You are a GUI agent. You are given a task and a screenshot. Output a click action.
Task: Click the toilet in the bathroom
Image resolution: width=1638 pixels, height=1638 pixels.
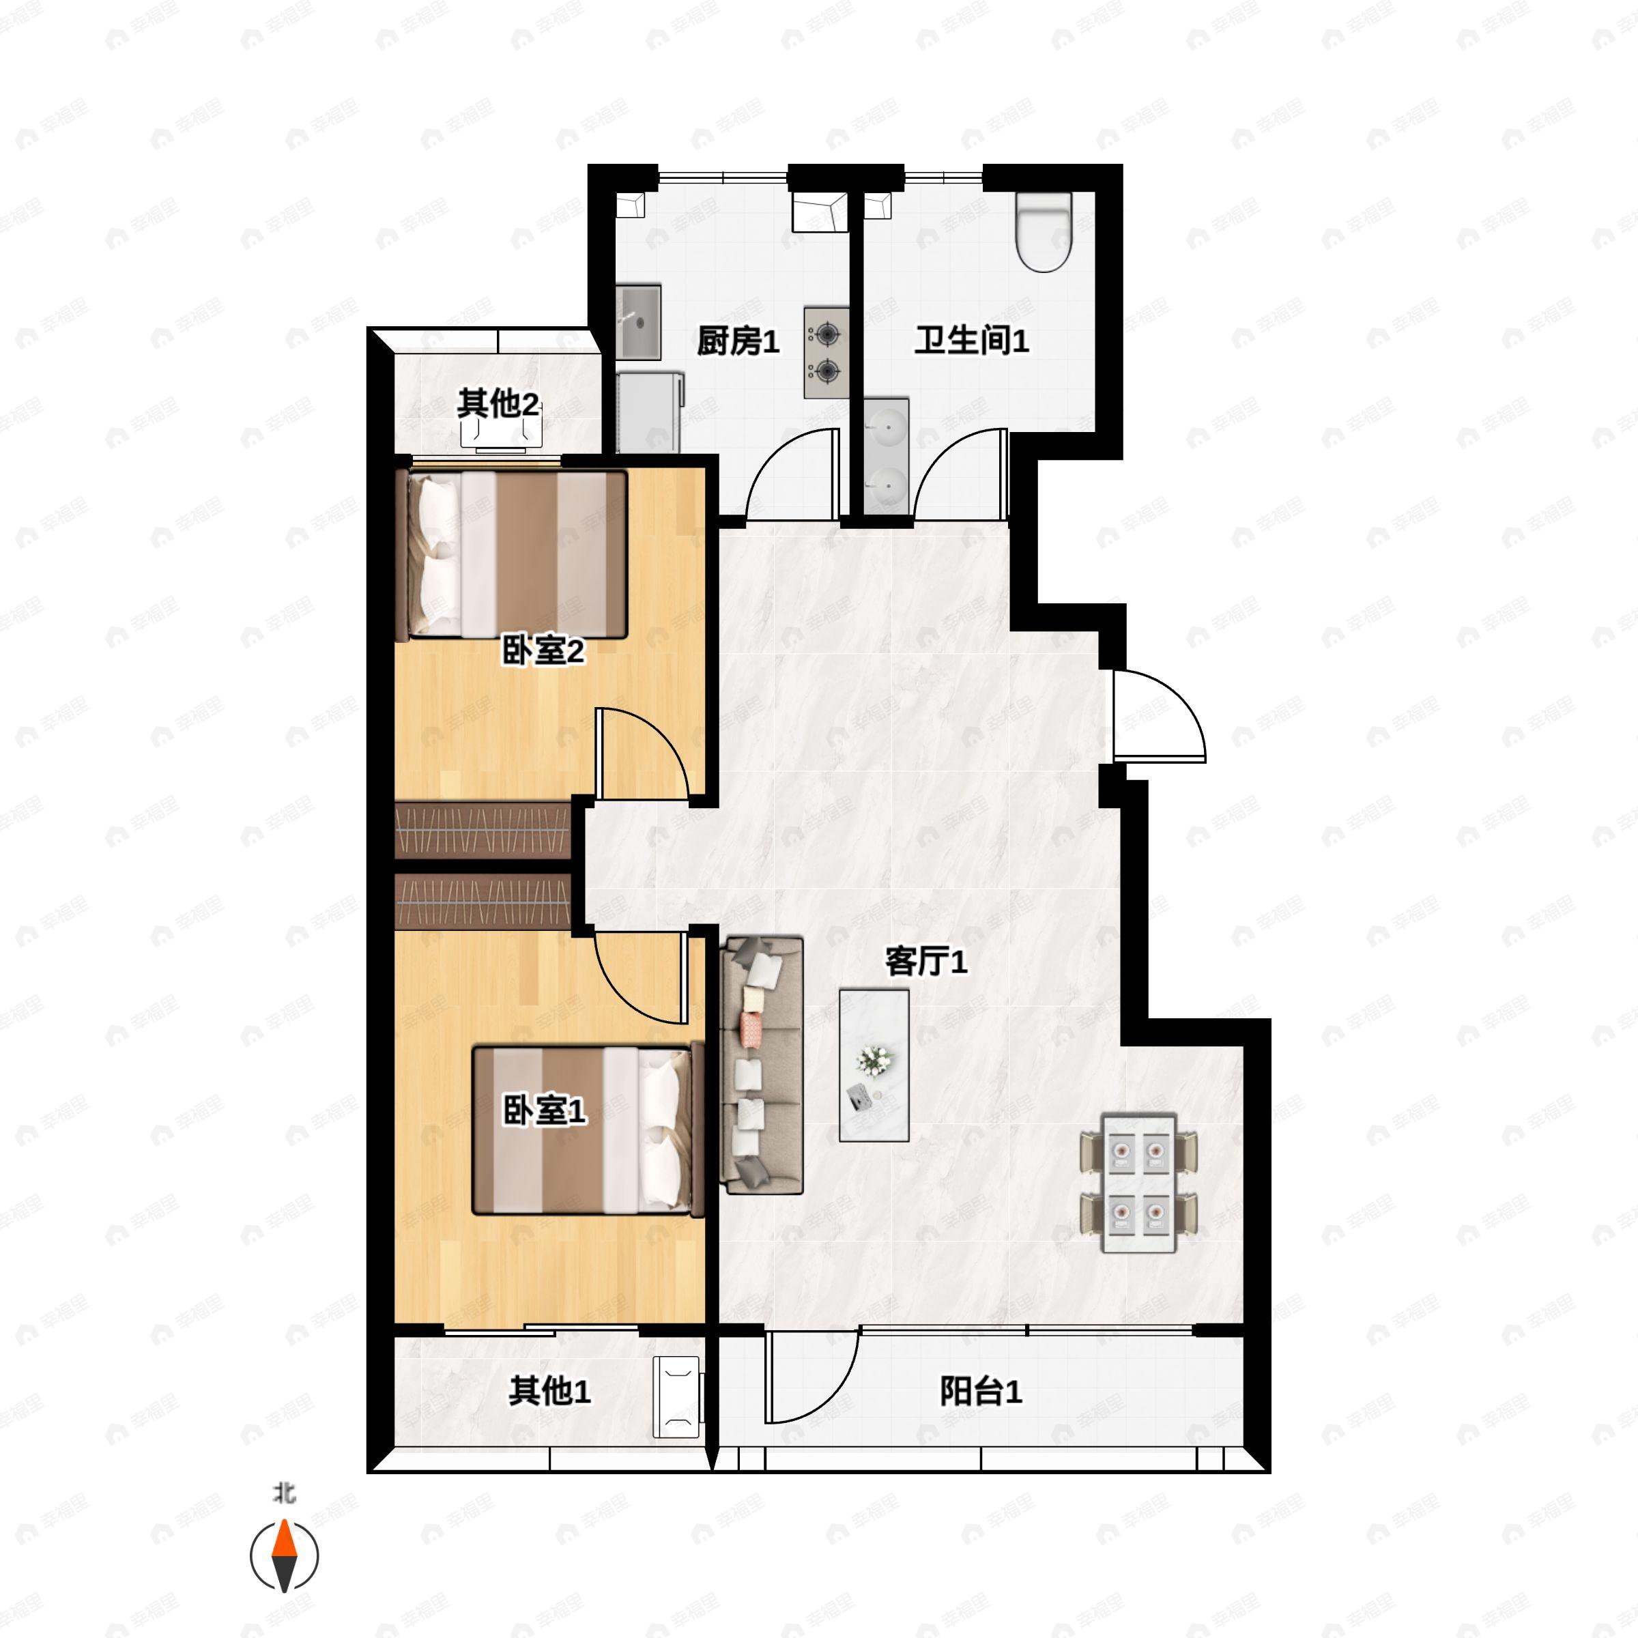(x=1044, y=231)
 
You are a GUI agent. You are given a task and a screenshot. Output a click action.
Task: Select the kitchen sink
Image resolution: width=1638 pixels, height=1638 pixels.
(x=638, y=322)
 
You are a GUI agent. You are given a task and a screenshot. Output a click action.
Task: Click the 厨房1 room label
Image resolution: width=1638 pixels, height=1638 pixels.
(x=738, y=342)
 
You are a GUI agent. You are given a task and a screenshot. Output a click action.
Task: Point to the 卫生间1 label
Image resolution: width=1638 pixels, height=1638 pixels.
(x=972, y=341)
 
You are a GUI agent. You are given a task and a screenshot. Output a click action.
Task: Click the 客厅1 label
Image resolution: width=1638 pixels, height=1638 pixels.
(x=926, y=962)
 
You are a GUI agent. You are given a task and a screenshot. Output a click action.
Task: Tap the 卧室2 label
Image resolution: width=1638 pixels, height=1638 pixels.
(x=543, y=651)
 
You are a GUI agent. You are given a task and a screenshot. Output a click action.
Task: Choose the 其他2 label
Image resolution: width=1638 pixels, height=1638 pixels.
(x=498, y=403)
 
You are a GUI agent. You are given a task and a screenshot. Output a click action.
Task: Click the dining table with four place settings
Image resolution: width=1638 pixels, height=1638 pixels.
(x=1138, y=1183)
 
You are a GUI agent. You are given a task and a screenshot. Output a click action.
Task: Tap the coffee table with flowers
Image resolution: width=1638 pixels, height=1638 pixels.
(x=874, y=1065)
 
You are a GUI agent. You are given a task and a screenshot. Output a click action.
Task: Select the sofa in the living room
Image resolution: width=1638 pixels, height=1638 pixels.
(x=762, y=1065)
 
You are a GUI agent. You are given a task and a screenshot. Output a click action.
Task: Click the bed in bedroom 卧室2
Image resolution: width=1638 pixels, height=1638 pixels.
(x=511, y=556)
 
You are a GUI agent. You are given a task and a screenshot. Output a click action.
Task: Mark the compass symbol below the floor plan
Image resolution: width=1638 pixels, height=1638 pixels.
(x=284, y=1557)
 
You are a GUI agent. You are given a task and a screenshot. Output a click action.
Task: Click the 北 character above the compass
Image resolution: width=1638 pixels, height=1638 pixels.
(x=285, y=1493)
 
